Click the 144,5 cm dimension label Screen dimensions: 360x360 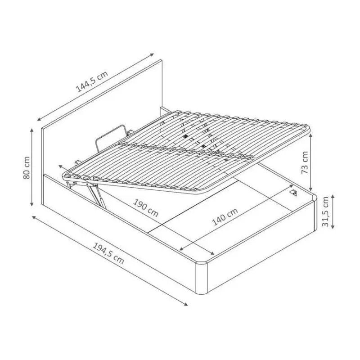(x=92, y=82)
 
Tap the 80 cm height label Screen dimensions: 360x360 (x=27, y=168)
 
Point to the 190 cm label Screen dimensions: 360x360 (x=146, y=208)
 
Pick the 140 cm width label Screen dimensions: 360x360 (x=225, y=217)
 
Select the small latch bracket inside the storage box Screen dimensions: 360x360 (x=294, y=193)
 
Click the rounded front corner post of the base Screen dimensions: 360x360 (x=201, y=278)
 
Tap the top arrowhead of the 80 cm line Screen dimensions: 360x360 (x=32, y=130)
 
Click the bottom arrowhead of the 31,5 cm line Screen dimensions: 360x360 (x=333, y=227)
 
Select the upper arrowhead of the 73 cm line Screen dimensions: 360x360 (x=311, y=136)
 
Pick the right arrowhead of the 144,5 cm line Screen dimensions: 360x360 (x=152, y=54)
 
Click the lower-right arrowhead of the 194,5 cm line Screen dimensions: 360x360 (x=185, y=305)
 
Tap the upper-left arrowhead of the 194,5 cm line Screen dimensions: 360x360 (x=34, y=217)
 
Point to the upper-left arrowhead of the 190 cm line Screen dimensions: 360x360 (x=61, y=166)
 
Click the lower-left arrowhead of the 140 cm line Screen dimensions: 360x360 (x=182, y=249)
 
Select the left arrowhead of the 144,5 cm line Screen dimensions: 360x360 (x=39, y=119)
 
